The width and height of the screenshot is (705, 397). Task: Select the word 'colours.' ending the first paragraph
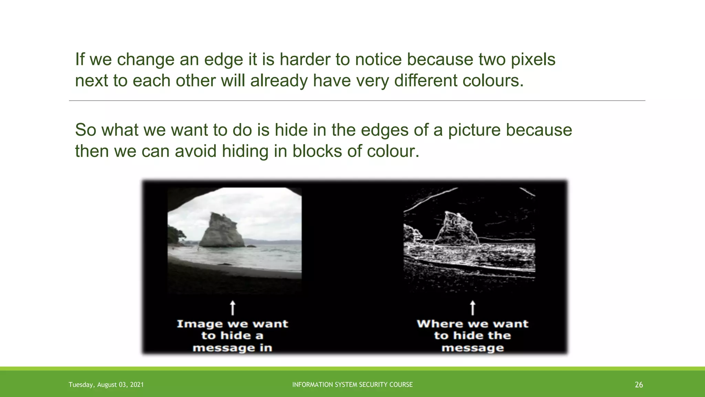click(493, 81)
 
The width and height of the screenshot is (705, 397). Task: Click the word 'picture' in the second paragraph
click(474, 130)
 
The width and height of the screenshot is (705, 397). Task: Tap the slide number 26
click(639, 385)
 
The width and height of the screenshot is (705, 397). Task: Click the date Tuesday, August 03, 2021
click(106, 385)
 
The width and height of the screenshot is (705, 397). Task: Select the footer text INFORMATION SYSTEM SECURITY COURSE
click(352, 385)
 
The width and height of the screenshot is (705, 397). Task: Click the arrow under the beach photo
click(233, 307)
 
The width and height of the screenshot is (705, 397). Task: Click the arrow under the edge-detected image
click(473, 307)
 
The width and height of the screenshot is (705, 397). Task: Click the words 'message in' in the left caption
click(232, 348)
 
